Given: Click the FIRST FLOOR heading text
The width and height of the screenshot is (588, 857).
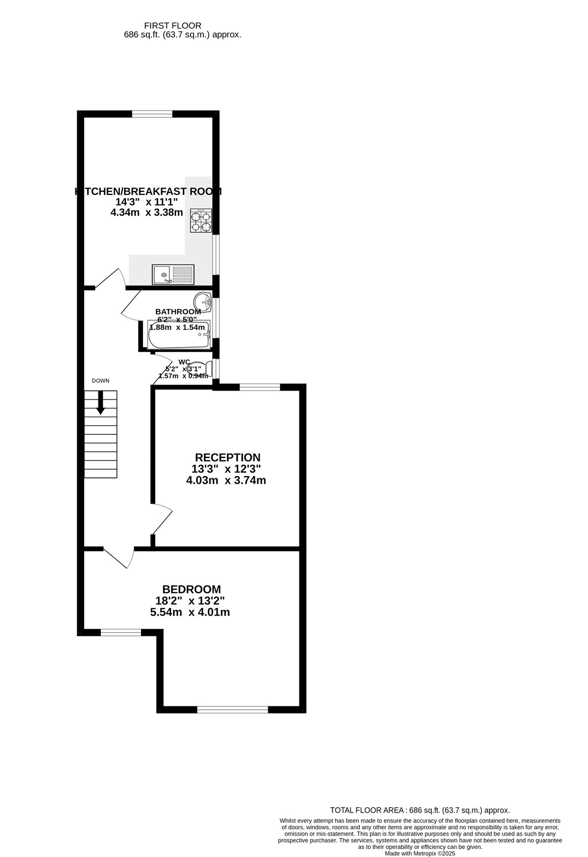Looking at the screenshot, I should click(x=172, y=25).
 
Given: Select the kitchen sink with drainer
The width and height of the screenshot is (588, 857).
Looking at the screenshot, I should click(x=172, y=274).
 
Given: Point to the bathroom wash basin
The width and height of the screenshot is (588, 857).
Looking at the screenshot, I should click(x=202, y=302).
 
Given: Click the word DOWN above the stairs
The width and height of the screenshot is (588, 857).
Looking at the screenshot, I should click(x=101, y=381).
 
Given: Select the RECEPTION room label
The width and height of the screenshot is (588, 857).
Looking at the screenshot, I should click(x=228, y=457).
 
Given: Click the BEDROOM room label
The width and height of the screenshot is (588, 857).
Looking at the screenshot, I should click(x=192, y=589).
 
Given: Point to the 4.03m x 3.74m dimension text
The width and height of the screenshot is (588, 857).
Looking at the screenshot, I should click(x=226, y=480).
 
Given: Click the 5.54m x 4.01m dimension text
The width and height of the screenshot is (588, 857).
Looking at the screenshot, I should click(x=191, y=612).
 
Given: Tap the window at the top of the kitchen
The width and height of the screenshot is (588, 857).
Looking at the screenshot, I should click(x=153, y=114).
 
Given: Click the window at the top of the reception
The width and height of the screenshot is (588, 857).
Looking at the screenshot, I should click(x=260, y=387).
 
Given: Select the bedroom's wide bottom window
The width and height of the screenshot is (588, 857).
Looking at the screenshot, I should click(x=232, y=710).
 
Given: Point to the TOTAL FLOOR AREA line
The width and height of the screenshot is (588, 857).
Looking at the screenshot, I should click(x=420, y=810).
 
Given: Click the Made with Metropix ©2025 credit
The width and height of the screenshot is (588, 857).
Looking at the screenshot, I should click(x=420, y=853).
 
